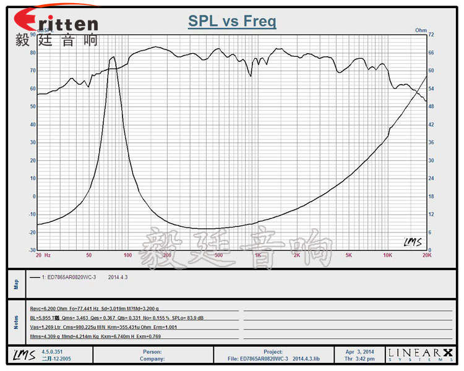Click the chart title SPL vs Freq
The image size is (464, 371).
tap(232, 22)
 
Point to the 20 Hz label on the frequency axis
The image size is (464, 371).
tap(43, 255)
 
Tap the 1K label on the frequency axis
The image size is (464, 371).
tap(257, 255)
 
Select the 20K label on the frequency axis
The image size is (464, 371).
tap(426, 255)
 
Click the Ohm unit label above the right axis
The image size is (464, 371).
tap(421, 30)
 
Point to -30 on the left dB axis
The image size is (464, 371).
tap(32, 250)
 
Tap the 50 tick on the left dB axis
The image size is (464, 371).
tap(33, 106)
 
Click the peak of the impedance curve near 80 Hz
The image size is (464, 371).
tap(113, 57)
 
